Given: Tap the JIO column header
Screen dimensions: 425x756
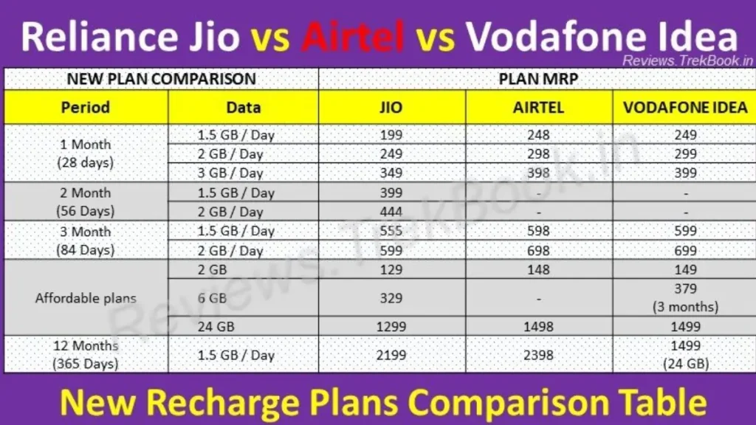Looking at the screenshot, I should click(x=391, y=107).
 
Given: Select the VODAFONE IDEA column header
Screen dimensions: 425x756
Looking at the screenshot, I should click(x=685, y=107).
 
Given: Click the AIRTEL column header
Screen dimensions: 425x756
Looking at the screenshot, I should click(x=539, y=107).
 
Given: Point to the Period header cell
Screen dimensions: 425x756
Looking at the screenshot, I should click(x=86, y=107).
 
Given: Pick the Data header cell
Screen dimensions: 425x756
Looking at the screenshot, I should click(x=244, y=107).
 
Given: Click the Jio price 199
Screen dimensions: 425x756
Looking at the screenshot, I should click(x=391, y=135).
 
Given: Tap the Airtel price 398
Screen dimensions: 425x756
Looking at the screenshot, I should click(x=539, y=173).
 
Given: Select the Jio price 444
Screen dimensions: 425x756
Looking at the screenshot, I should click(x=391, y=212).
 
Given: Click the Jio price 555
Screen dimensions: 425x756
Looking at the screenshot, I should click(x=391, y=231).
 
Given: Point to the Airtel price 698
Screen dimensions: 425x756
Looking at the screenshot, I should click(x=539, y=250).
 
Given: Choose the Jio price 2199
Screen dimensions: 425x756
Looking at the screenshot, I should click(x=391, y=355).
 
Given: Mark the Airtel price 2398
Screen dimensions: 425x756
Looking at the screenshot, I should click(x=539, y=355).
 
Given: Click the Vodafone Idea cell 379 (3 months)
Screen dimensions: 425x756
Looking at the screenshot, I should click(x=685, y=297).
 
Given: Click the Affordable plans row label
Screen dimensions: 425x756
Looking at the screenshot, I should click(x=86, y=298).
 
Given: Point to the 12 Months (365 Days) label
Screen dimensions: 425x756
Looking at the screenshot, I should click(x=86, y=355).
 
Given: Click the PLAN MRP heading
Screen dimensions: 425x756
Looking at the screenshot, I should click(x=537, y=79).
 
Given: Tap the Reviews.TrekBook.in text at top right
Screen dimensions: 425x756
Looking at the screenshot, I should click(x=681, y=61).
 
